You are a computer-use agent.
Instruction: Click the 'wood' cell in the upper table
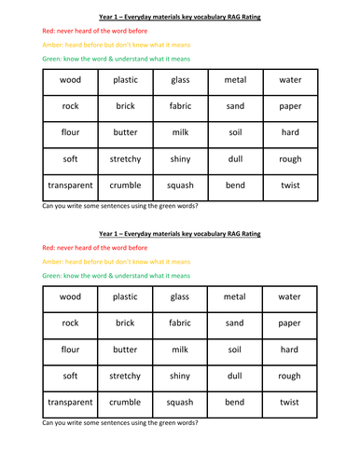click(70, 80)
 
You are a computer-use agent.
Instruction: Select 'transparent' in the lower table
click(70, 403)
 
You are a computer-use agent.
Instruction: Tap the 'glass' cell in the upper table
click(180, 80)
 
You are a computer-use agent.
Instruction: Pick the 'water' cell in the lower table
click(289, 297)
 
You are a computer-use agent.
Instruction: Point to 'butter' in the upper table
click(125, 133)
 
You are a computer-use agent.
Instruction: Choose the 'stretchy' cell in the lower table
click(125, 377)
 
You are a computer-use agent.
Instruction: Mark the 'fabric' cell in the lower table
click(180, 323)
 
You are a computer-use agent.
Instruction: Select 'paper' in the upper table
click(289, 106)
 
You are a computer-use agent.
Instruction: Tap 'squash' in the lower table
click(180, 403)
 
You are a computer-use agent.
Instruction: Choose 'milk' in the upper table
click(180, 133)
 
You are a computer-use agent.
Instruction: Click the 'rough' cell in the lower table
click(289, 377)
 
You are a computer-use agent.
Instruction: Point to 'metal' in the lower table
click(235, 297)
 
